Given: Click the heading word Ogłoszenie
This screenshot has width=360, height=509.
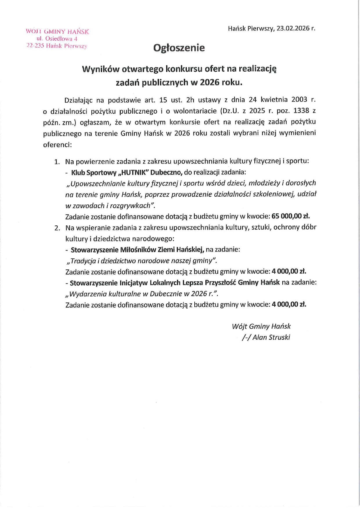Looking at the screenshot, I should pos(179,48).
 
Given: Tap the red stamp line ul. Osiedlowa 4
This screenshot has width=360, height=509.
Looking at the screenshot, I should pos(57,39).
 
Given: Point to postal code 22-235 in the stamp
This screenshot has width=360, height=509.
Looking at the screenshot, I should pos(35,46).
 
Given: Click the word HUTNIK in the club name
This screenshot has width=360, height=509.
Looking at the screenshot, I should pos(135,173).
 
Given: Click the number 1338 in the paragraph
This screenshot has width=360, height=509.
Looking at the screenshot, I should pos(301,111).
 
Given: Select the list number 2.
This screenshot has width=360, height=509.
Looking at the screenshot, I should pos(57,228).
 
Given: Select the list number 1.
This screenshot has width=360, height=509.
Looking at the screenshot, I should pos(57,162).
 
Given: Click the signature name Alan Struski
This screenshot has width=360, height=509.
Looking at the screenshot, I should pos(271,337).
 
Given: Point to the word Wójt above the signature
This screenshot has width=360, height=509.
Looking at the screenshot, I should pos(239,326).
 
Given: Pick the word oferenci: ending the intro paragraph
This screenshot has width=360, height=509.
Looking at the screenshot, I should pos(57,144).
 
